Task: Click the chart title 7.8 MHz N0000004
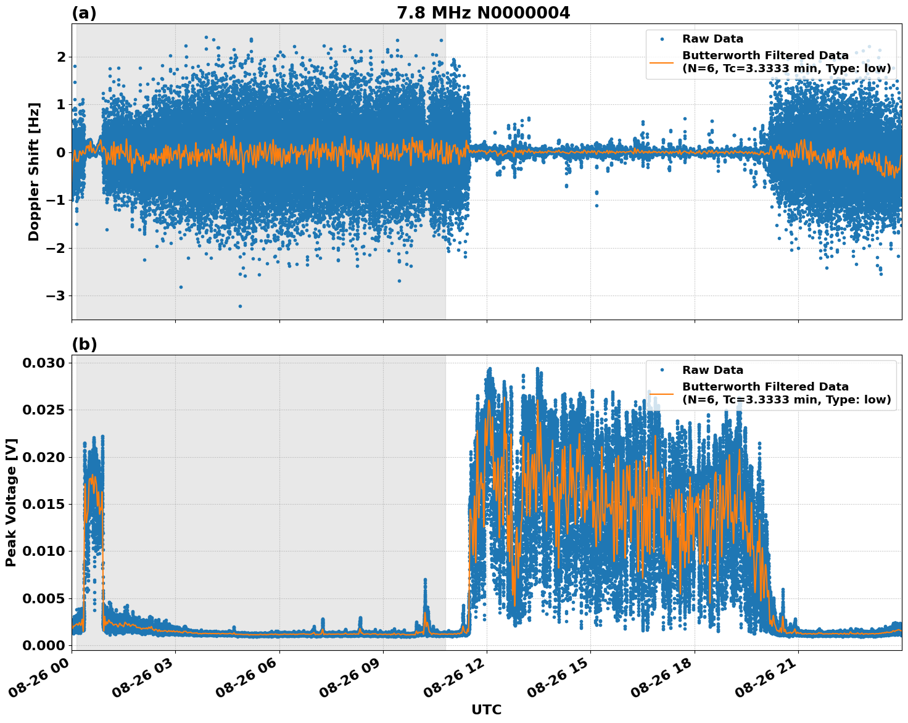(x=483, y=13)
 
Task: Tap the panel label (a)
(x=84, y=13)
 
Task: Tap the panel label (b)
(x=84, y=344)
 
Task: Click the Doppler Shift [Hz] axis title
(x=34, y=172)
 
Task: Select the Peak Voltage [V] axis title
(x=11, y=502)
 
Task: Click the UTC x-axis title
(x=486, y=709)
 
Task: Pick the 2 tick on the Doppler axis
(x=61, y=57)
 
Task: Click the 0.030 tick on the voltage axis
(x=43, y=363)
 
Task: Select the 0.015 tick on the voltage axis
(x=43, y=504)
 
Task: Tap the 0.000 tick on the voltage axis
(x=43, y=645)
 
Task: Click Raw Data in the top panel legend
(x=712, y=39)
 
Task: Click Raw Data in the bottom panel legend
(x=712, y=370)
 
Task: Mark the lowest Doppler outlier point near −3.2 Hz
(x=240, y=306)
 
